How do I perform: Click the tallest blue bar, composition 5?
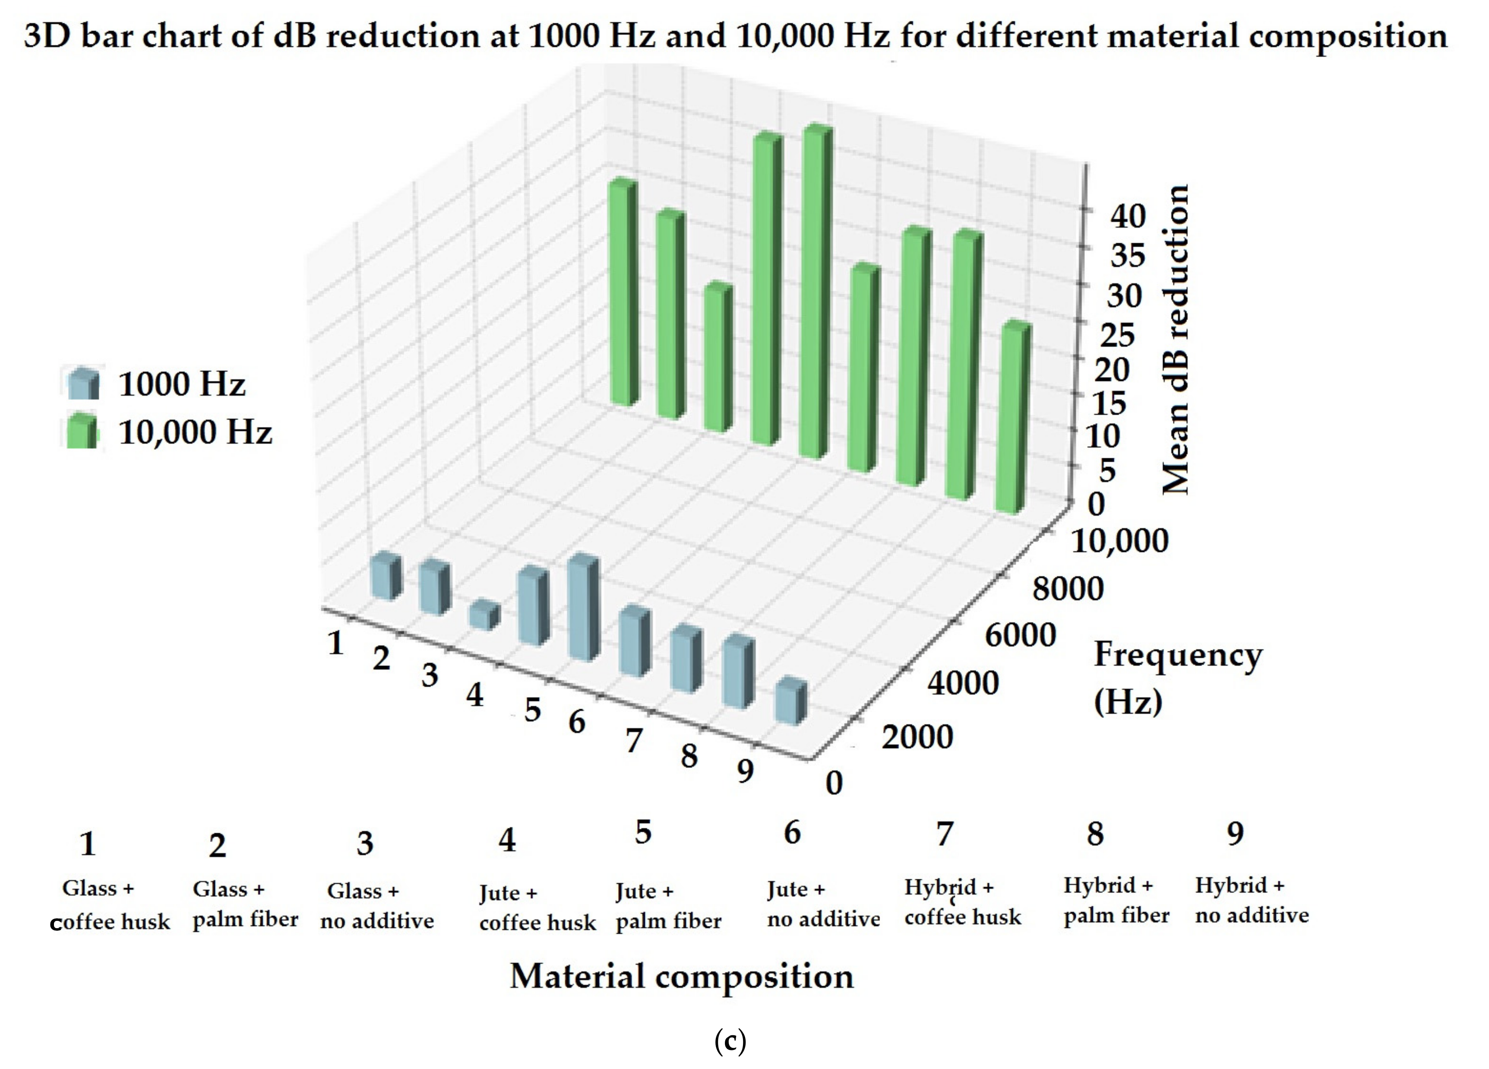pos(583,607)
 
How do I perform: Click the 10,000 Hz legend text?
pos(195,432)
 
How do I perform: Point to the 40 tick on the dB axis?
pos(1127,216)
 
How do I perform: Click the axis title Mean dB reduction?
pos(1175,338)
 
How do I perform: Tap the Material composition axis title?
pos(682,977)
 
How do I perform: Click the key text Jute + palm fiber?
pos(668,906)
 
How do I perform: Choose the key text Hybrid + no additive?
pos(1251,900)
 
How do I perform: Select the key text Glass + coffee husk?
pos(110,905)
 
